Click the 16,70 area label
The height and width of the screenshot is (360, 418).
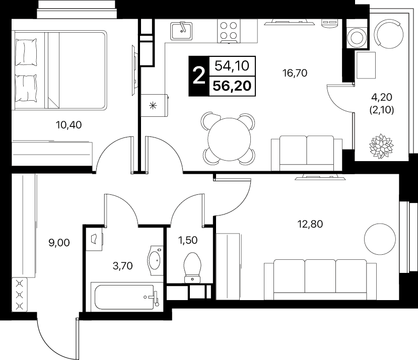click(x=295, y=73)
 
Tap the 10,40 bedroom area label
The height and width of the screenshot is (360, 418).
click(x=69, y=125)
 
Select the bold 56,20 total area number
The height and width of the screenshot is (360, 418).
click(x=232, y=86)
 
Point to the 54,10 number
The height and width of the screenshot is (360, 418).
click(x=232, y=65)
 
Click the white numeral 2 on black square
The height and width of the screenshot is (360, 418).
click(x=199, y=76)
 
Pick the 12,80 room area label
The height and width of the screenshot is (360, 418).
click(x=310, y=224)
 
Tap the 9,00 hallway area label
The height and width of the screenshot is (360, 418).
click(x=59, y=243)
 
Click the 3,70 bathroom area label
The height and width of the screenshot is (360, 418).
click(x=122, y=266)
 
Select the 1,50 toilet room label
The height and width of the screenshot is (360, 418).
click(x=188, y=240)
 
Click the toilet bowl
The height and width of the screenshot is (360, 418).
click(x=192, y=267)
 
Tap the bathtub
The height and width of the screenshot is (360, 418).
click(x=125, y=297)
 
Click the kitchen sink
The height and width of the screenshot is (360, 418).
click(x=181, y=31)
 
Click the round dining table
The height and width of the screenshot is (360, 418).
click(x=229, y=139)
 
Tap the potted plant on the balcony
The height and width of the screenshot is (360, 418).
click(x=381, y=146)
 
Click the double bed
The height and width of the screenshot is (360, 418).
click(x=59, y=70)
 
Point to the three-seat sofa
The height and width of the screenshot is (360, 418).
click(x=320, y=280)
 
